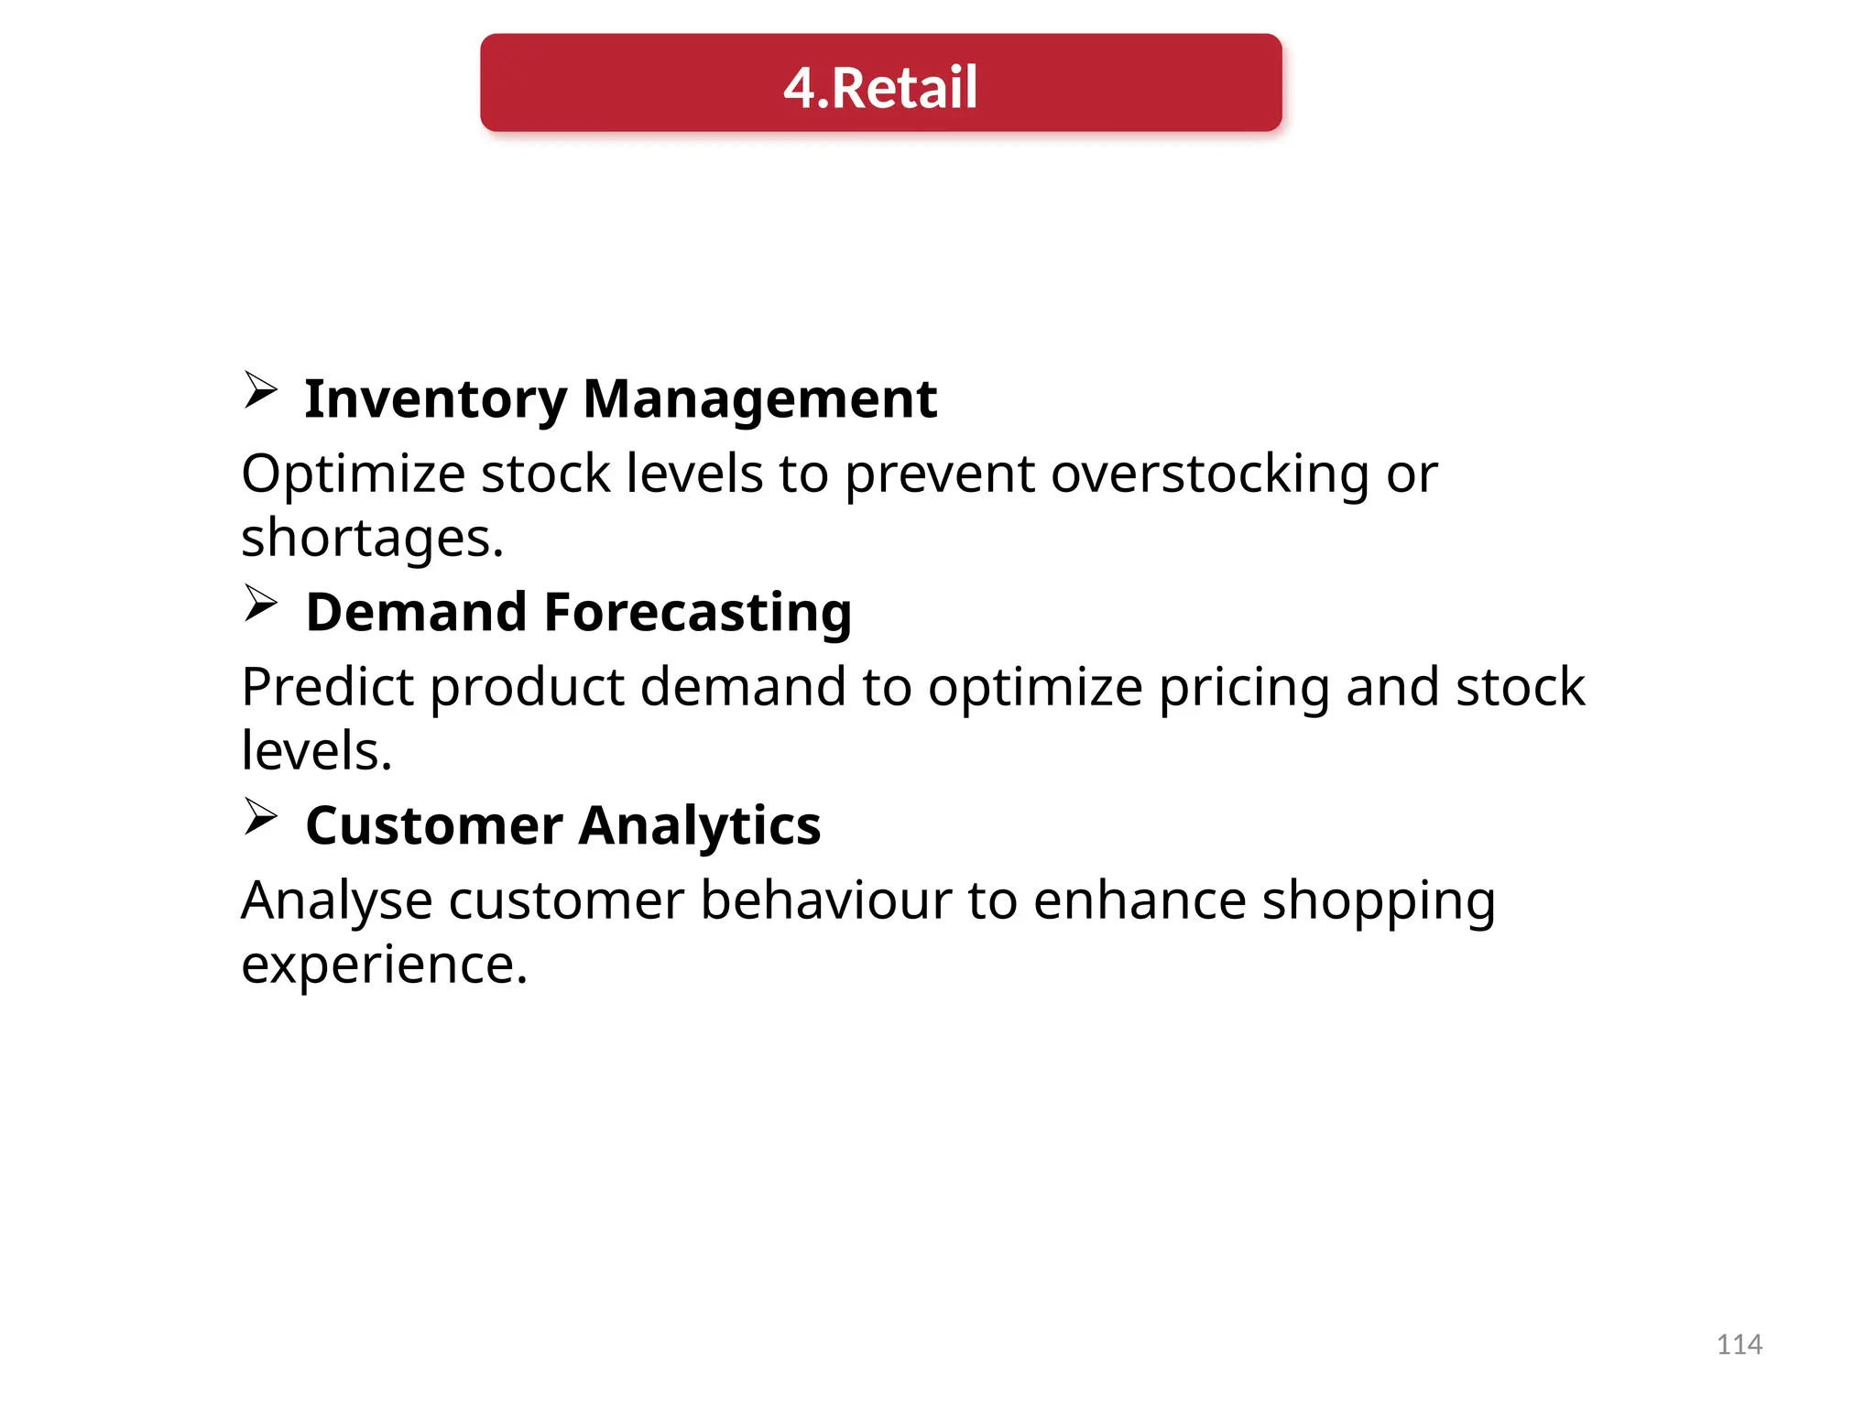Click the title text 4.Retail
click(x=880, y=87)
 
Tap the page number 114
click(x=1739, y=1344)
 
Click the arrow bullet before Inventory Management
click(x=261, y=390)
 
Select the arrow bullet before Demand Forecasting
click(x=261, y=604)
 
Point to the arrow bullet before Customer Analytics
click(x=261, y=816)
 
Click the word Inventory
click(x=435, y=399)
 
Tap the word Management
click(x=759, y=399)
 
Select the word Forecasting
click(x=698, y=612)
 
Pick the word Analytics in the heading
click(x=700, y=825)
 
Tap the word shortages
click(x=372, y=539)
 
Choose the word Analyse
click(x=336, y=901)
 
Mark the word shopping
click(x=1379, y=901)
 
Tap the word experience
click(x=384, y=965)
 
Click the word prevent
click(x=939, y=474)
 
